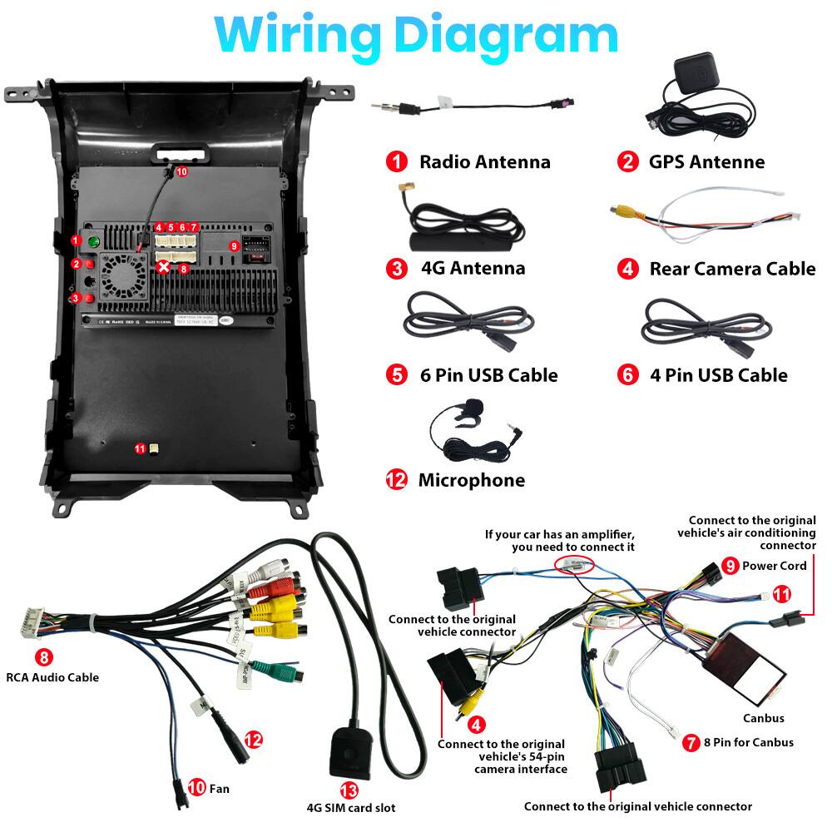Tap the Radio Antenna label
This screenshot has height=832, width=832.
point(484,161)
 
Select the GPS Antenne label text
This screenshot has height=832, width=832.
point(706,161)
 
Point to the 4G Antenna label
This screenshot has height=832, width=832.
point(473,268)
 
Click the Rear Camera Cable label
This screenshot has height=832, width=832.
point(732,269)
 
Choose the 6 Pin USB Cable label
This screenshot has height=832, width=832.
point(488,375)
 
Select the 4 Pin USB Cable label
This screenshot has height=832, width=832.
point(718,375)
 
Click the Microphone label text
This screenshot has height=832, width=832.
point(471,480)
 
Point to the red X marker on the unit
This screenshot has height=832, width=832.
point(165,267)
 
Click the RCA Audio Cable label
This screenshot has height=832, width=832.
point(52,677)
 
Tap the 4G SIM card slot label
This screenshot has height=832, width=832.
point(351,807)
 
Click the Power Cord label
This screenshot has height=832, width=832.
point(775,566)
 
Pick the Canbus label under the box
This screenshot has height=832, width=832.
point(763,718)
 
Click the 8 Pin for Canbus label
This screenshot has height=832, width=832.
point(749,742)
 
